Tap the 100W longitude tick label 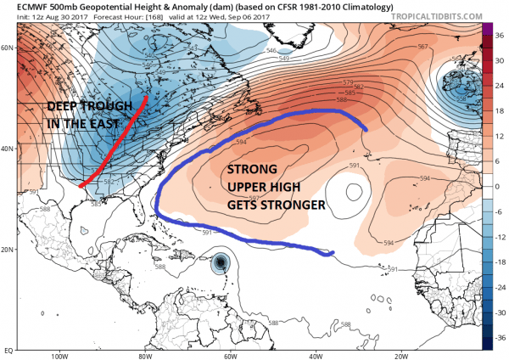coord(58,356)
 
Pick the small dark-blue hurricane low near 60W coord(221,263)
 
